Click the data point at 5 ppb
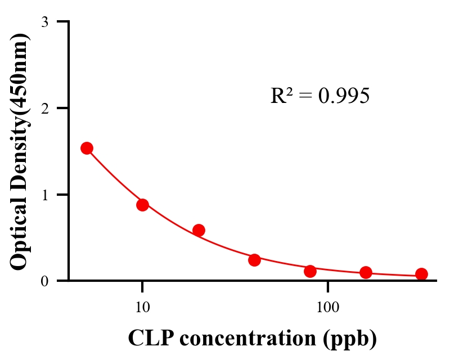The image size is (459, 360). pyautogui.click(x=87, y=148)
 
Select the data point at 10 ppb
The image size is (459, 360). pyautogui.click(x=142, y=205)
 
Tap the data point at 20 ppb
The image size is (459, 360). pyautogui.click(x=199, y=230)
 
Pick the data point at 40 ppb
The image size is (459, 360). pyautogui.click(x=254, y=260)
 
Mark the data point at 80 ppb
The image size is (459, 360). pyautogui.click(x=310, y=271)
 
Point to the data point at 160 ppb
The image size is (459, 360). pyautogui.click(x=366, y=273)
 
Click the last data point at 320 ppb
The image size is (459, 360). pyautogui.click(x=421, y=274)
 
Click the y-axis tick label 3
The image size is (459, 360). pyautogui.click(x=44, y=22)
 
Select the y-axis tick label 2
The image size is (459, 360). pyautogui.click(x=44, y=108)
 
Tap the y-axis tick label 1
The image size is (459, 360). pyautogui.click(x=44, y=195)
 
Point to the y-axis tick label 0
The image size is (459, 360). pyautogui.click(x=44, y=281)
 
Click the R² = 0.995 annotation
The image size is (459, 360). pyautogui.click(x=319, y=96)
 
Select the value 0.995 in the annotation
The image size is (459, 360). pyautogui.click(x=343, y=96)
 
